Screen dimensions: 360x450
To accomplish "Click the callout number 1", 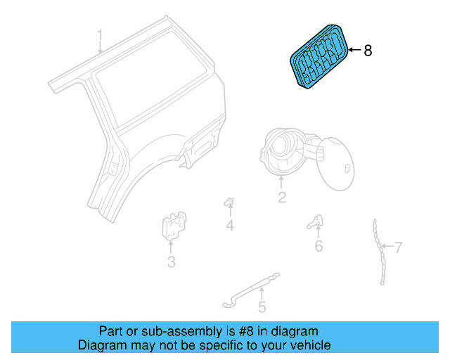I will tap(100, 35).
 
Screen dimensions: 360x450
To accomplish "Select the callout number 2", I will tap(281, 198).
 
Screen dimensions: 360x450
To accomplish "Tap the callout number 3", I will tap(171, 263).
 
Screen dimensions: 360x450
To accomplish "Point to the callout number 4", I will tap(229, 226).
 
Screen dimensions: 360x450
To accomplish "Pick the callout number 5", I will tap(262, 307).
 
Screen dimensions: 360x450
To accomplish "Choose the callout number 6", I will tap(319, 245).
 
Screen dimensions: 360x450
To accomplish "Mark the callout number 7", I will tap(398, 247).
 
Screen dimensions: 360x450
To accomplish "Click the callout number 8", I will tap(367, 51).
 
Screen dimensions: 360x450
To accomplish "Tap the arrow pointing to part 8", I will tap(353, 51).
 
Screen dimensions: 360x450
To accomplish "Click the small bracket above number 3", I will tap(171, 226).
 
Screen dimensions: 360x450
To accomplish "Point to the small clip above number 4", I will tap(229, 202).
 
